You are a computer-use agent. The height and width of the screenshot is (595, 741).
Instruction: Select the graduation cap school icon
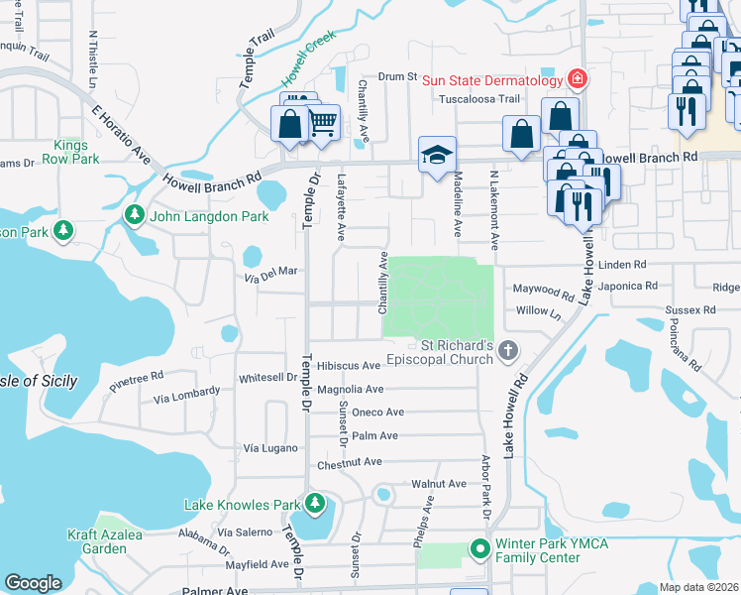coord(437,155)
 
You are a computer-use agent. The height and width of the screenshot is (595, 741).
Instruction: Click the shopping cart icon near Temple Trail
coord(322,123)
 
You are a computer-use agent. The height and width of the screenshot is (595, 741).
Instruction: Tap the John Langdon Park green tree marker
coord(132,215)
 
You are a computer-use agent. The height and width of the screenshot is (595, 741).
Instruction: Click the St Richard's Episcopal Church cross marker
coord(508,349)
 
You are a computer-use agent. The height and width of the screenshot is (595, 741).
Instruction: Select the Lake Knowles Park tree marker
coord(315,505)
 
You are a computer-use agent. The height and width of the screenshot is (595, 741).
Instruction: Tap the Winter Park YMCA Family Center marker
coord(480,548)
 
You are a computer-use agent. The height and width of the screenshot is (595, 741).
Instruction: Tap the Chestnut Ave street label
coord(349,462)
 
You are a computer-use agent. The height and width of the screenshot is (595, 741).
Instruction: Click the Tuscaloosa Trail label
coord(480,98)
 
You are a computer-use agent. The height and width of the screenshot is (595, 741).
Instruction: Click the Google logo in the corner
coord(33,582)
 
